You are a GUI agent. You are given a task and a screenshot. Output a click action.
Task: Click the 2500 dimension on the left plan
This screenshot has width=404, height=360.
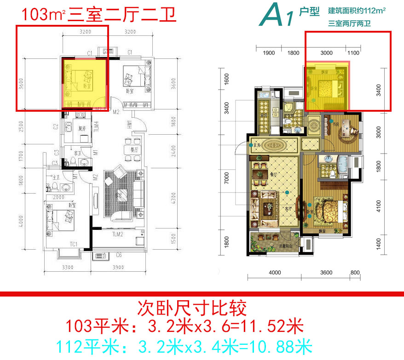tap(21, 126)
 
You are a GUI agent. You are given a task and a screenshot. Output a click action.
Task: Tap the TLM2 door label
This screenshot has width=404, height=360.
tap(117, 234)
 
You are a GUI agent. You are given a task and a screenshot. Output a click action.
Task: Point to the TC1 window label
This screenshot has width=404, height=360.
tap(74, 244)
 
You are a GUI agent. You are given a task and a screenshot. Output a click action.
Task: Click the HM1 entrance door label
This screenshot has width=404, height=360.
tap(131, 123)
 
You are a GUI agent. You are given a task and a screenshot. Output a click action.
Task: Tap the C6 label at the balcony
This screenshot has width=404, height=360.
tap(118, 255)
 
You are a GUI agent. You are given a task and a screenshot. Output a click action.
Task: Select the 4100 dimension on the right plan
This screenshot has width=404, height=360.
tap(379, 206)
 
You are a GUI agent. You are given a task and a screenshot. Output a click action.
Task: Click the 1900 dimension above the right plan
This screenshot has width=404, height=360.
tap(269, 53)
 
